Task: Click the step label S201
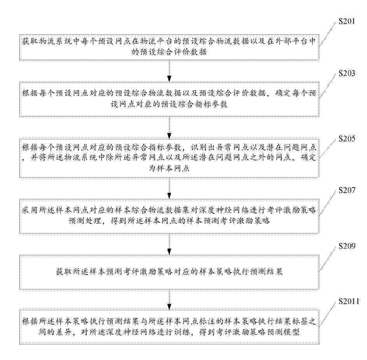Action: tap(347, 21)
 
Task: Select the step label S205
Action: tap(347, 139)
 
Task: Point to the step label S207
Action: tap(347, 190)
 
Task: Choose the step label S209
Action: tap(347, 246)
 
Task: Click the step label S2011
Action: tap(349, 301)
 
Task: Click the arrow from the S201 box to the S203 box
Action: tap(169, 71)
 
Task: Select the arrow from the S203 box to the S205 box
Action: tap(169, 128)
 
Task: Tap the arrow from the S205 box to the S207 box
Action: tap(169, 188)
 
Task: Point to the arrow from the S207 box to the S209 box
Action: tap(169, 244)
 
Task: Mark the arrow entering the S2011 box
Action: tap(169, 300)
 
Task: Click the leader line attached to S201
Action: tap(329, 33)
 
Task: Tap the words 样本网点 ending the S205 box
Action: tap(169, 168)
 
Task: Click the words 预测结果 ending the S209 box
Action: tap(266, 271)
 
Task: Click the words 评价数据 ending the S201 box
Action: tap(190, 52)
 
